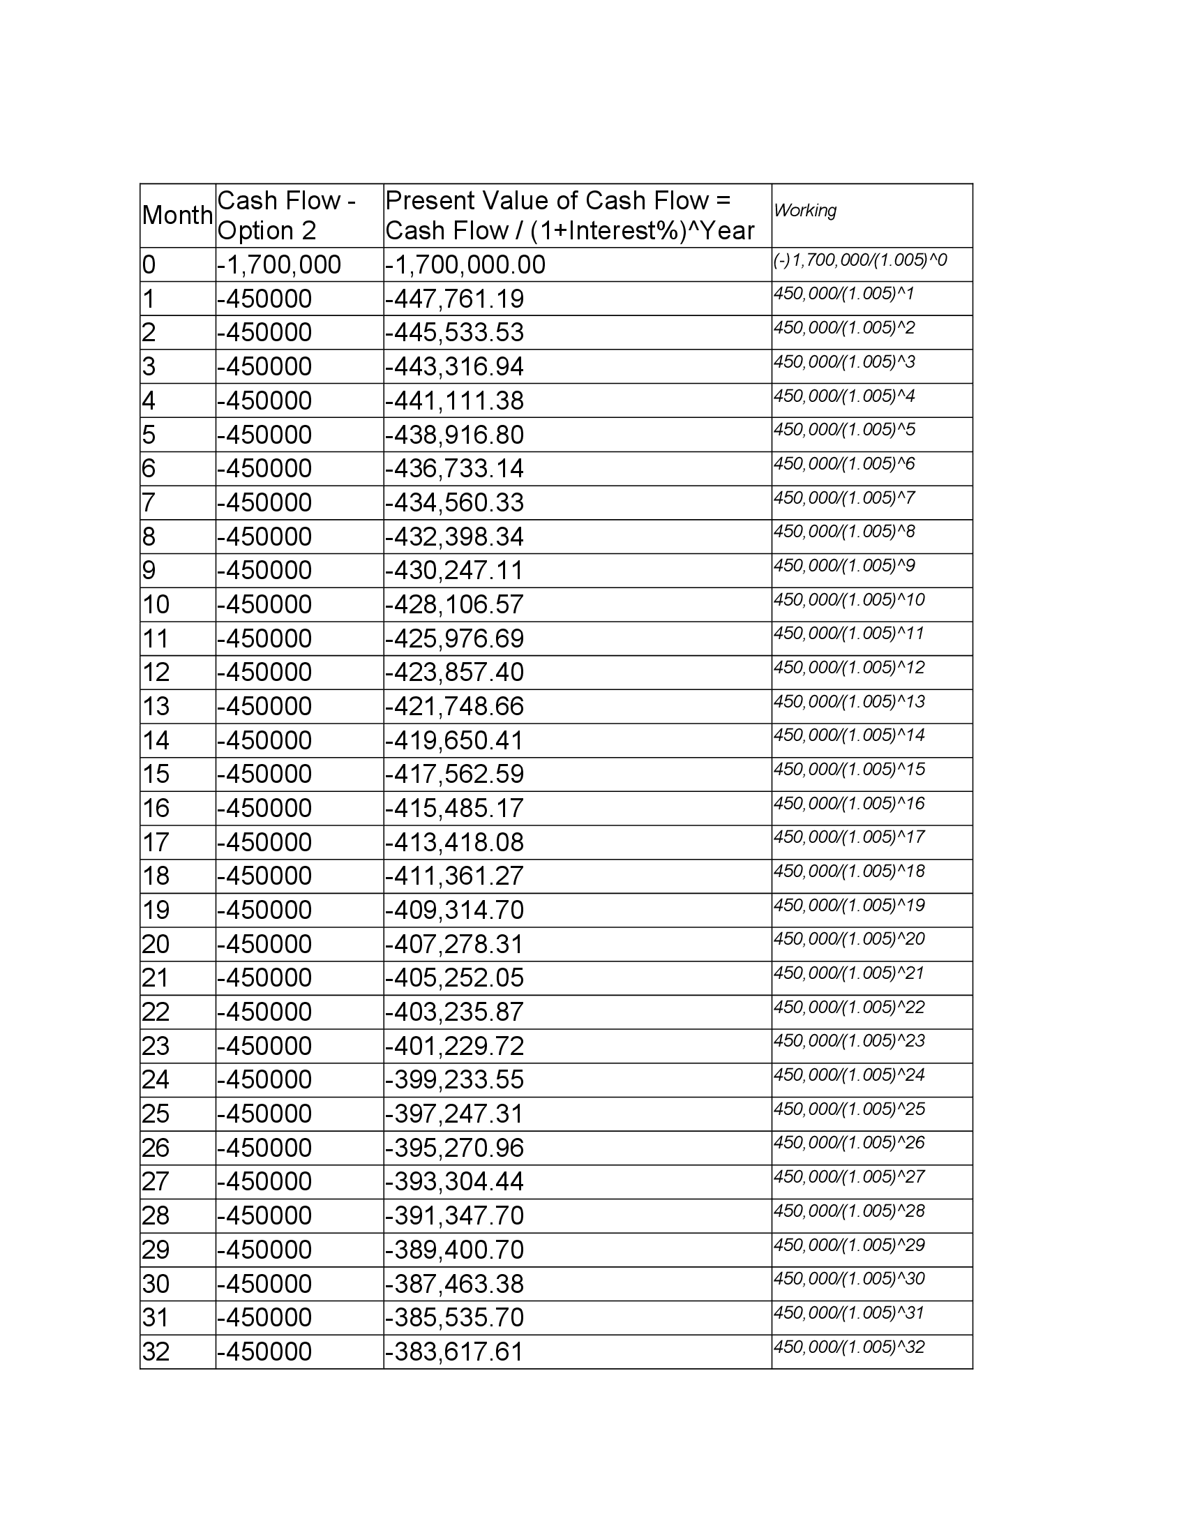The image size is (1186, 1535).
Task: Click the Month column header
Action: [177, 215]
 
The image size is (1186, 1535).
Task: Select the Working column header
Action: [805, 210]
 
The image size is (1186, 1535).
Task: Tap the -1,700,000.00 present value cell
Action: [465, 265]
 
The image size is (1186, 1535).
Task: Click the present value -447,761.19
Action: [455, 299]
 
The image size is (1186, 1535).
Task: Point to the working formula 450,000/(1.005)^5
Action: [845, 429]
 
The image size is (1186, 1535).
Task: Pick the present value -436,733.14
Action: [455, 469]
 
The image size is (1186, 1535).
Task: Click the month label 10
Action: [156, 604]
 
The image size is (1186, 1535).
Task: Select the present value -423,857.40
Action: [455, 673]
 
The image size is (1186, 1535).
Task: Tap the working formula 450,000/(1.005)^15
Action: [849, 769]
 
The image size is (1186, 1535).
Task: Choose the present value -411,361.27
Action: [455, 876]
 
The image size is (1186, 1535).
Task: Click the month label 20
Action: [156, 944]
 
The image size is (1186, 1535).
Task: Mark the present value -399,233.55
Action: [455, 1079]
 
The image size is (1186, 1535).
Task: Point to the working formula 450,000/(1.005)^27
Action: [849, 1176]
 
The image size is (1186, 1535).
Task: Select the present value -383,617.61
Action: [455, 1351]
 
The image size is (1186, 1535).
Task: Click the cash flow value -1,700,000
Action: [279, 265]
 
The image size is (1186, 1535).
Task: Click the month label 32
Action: [156, 1351]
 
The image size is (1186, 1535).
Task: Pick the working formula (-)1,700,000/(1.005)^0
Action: [860, 260]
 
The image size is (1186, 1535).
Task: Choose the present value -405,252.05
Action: [455, 978]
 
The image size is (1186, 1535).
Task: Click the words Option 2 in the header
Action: [267, 230]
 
